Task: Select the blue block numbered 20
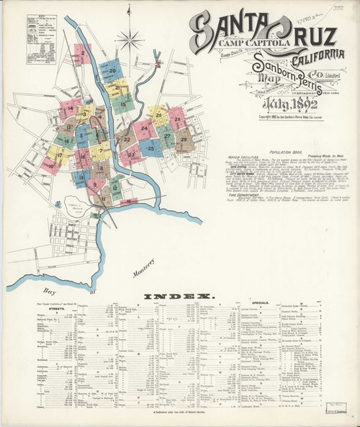pos(113,71)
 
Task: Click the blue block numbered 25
pos(151,148)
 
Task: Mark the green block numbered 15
pos(124,105)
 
